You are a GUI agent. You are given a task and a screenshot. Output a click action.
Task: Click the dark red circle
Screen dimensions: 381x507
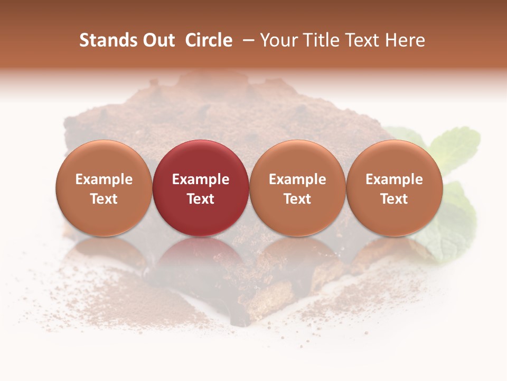coord(201,159)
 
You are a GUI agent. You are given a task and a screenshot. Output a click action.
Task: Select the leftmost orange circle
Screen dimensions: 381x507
coord(104,159)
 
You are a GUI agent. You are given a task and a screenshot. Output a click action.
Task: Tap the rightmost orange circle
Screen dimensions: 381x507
coord(395,159)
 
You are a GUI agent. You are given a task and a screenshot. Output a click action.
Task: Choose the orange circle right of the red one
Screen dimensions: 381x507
coord(297,159)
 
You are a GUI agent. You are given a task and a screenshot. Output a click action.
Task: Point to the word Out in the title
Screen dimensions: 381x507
coord(159,40)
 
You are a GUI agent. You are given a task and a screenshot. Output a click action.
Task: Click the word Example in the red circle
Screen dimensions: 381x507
coord(201,179)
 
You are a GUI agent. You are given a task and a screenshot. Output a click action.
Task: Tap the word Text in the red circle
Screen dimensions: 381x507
coord(201,199)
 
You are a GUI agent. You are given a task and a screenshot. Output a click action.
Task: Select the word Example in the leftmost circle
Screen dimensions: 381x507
coord(104,179)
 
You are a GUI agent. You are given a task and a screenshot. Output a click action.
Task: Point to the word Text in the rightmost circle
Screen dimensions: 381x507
coord(395,199)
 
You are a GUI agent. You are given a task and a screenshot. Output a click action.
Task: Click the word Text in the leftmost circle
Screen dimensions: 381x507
coord(104,199)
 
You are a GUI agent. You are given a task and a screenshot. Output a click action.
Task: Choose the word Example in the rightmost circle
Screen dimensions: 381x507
coord(395,179)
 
